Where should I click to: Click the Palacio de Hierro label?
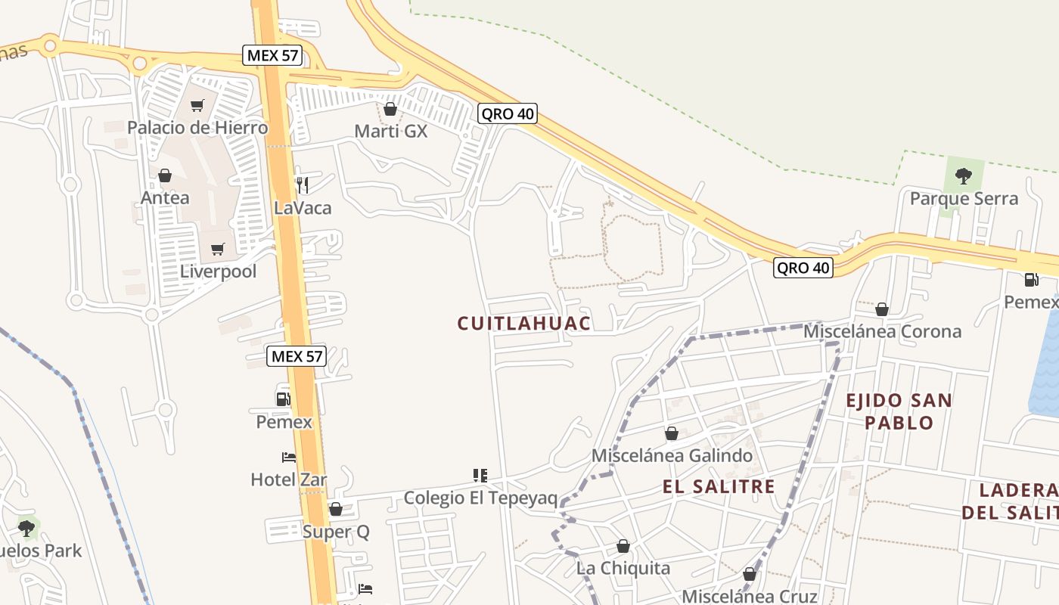point(197,127)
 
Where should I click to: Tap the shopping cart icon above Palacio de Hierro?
point(197,106)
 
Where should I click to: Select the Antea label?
point(165,197)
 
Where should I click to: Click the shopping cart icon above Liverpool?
point(218,249)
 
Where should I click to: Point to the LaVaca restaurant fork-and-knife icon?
point(302,185)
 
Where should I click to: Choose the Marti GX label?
point(391,131)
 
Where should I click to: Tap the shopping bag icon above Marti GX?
point(390,109)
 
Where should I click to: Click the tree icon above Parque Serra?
point(963,176)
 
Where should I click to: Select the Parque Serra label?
point(964,199)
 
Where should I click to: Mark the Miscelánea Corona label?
point(882,331)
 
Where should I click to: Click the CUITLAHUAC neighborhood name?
point(523,324)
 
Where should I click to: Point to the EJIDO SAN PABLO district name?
point(899,411)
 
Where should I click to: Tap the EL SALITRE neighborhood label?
point(719,486)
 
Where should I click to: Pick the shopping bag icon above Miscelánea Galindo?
point(671,433)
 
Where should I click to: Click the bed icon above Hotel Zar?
point(289,458)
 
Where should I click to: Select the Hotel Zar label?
point(289,479)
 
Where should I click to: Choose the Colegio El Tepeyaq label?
point(480,498)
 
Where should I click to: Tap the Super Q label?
point(336,532)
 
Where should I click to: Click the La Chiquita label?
point(623,568)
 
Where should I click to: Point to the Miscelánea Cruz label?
point(750,597)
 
